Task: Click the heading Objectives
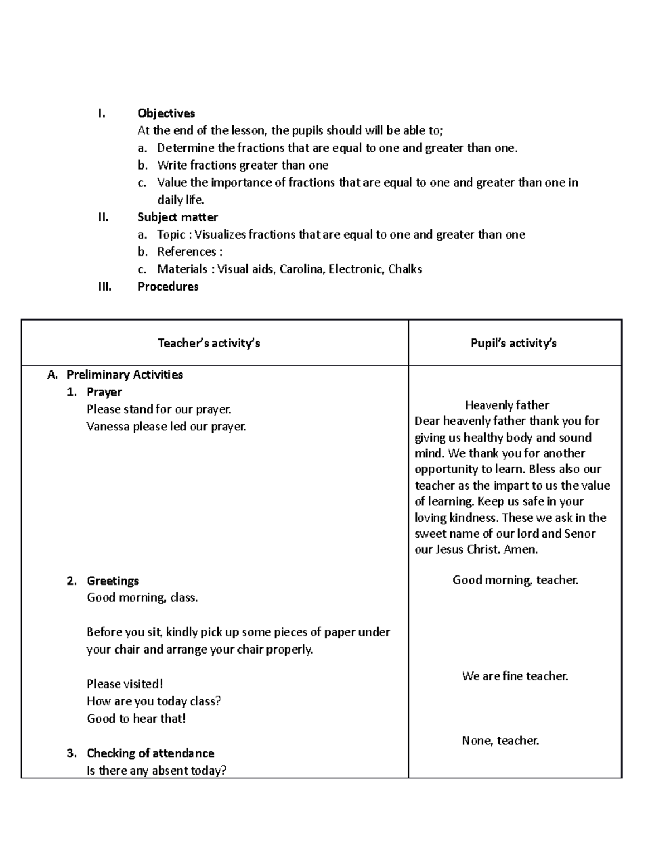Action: click(x=166, y=113)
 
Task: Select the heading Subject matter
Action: click(x=177, y=217)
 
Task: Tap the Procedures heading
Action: click(x=168, y=286)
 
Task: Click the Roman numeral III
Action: click(x=104, y=286)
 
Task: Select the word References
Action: click(x=186, y=251)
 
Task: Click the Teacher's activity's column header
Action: click(x=209, y=343)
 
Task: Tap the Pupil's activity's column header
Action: click(x=513, y=343)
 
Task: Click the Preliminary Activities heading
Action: click(x=124, y=375)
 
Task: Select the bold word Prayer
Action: click(x=104, y=392)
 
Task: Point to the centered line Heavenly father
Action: click(x=507, y=405)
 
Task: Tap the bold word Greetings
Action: click(x=113, y=580)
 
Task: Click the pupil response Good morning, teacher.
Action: click(x=515, y=580)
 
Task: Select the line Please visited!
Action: click(x=124, y=684)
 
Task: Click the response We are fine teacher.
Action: click(x=515, y=676)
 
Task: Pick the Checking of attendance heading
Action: click(x=150, y=753)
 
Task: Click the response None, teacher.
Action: click(x=500, y=741)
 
